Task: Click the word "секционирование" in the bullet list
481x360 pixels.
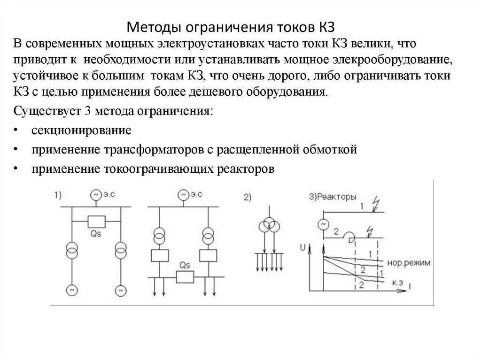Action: [x=81, y=130]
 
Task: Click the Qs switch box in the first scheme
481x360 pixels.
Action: [x=96, y=221]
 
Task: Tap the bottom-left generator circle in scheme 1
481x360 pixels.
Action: [x=73, y=291]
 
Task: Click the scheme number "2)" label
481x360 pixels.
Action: [x=248, y=198]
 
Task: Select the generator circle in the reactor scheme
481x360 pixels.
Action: [x=323, y=224]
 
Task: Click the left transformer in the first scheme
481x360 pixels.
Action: [x=73, y=250]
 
